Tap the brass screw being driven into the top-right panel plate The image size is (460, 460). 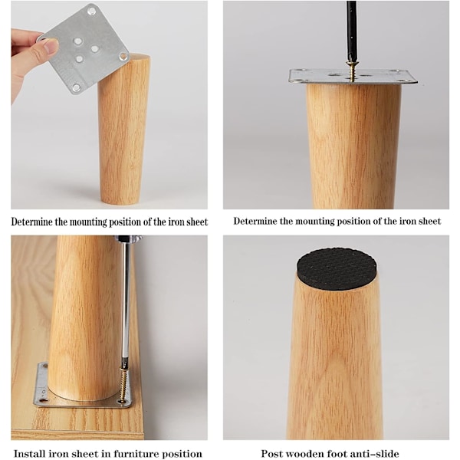click(x=350, y=70)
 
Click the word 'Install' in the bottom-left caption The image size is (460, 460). click(x=29, y=453)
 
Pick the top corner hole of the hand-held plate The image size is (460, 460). click(x=92, y=11)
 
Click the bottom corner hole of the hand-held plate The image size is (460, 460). click(x=76, y=87)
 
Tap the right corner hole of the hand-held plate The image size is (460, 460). click(x=123, y=56)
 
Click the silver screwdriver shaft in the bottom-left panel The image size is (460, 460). click(x=127, y=302)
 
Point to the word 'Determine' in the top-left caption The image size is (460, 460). click(x=30, y=222)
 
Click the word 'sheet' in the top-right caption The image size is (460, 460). click(x=430, y=221)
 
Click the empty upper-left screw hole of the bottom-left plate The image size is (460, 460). click(x=45, y=366)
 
